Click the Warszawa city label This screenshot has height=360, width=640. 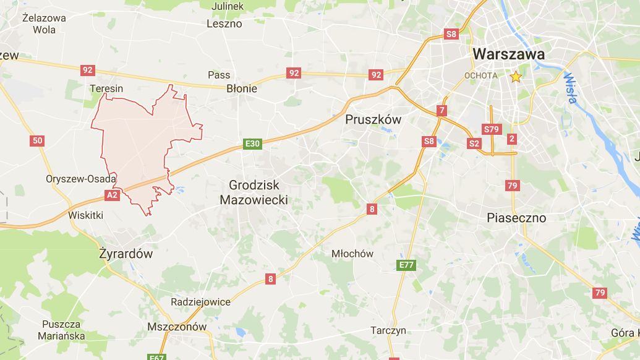point(508,54)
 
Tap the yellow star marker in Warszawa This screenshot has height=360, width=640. point(516,77)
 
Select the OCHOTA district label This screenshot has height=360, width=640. point(480,75)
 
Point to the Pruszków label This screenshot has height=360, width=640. point(373,119)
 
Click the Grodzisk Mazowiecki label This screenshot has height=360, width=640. point(254,192)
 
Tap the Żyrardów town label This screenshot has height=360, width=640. point(126,254)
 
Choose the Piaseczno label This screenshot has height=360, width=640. point(516,218)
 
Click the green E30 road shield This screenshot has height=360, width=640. point(252,144)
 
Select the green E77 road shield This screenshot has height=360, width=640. point(406,265)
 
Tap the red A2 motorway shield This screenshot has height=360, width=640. point(111,195)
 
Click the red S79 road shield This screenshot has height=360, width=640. point(491,129)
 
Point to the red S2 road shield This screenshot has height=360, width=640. point(474,144)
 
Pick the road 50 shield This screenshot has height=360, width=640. point(37,141)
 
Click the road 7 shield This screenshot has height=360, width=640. point(441,111)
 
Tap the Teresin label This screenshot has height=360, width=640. point(106,88)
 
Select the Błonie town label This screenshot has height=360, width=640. point(241,88)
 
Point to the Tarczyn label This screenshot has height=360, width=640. point(388,330)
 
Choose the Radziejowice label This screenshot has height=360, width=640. point(200,302)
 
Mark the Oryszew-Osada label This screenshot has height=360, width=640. point(81,179)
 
